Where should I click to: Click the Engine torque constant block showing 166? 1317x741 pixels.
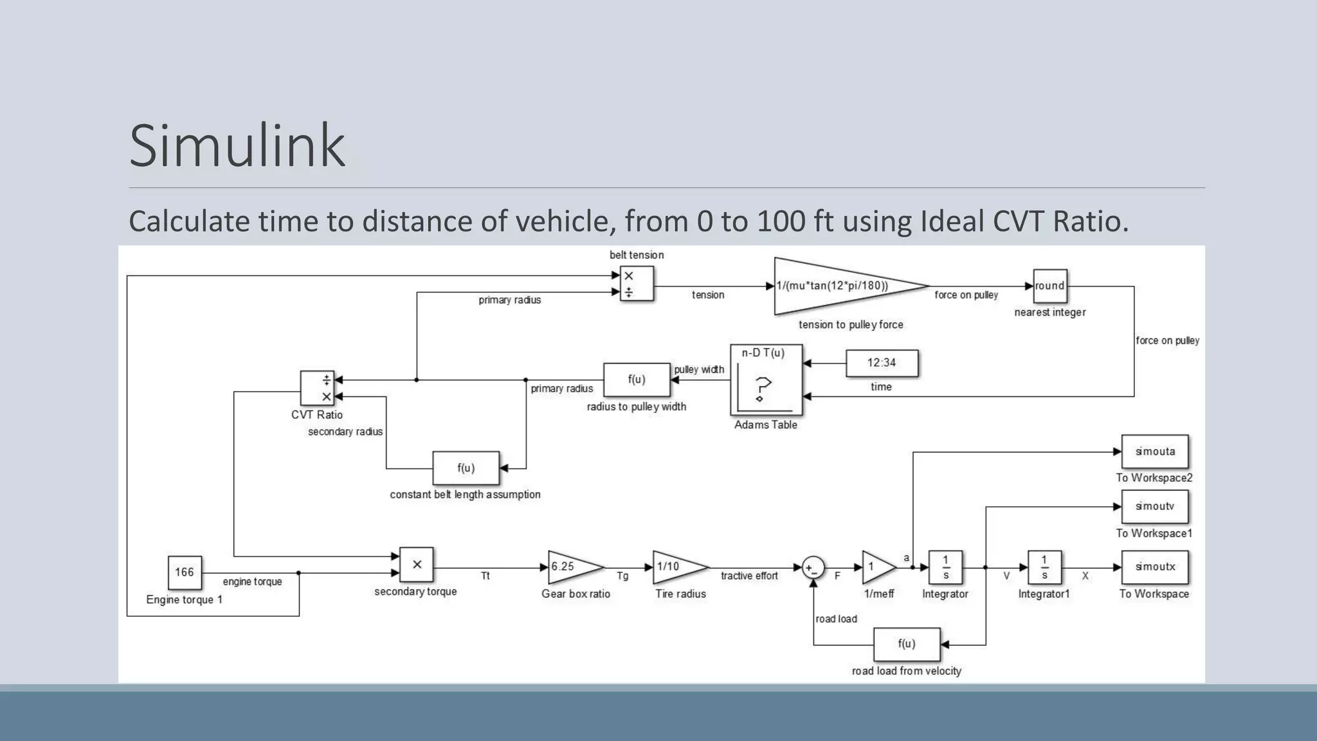[185, 572]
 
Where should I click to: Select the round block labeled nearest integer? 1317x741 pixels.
[1050, 286]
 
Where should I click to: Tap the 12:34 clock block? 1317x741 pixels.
[882, 363]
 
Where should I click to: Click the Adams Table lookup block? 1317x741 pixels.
[766, 380]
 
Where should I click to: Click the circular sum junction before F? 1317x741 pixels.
[813, 568]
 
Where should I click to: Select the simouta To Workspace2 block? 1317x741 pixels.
[1155, 452]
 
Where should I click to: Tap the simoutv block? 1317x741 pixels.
[1155, 507]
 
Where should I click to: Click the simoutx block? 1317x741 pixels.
[1155, 567]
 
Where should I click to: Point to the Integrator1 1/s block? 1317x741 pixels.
[1044, 567]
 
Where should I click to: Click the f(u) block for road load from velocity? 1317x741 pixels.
[907, 645]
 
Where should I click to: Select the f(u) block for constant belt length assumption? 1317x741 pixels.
[466, 468]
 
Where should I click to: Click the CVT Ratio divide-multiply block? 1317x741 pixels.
[317, 388]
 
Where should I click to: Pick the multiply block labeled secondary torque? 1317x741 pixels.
[417, 565]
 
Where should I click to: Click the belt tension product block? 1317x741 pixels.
[637, 284]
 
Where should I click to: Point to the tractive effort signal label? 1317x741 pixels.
[749, 576]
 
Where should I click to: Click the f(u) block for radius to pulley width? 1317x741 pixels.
[637, 380]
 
